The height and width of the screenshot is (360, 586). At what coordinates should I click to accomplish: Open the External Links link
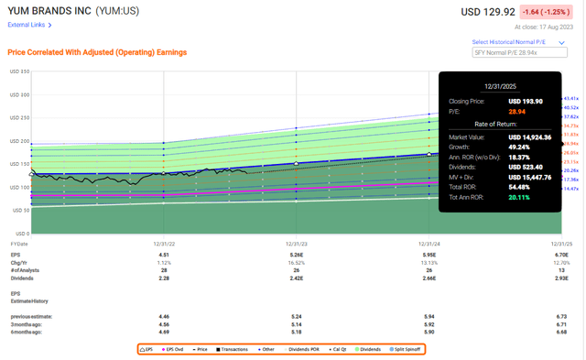click(28, 25)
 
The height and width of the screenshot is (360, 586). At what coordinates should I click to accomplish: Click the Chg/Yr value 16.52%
click(295, 251)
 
